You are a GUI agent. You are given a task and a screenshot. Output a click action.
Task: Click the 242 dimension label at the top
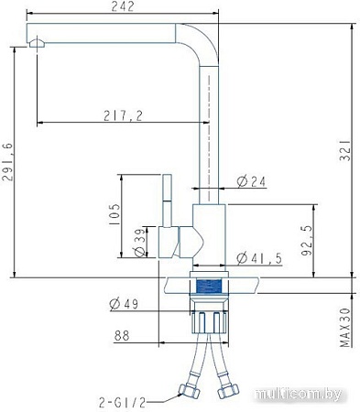click(123, 6)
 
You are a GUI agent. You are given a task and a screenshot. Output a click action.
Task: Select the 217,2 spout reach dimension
click(123, 115)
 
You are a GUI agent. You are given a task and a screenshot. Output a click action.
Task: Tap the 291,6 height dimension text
click(7, 162)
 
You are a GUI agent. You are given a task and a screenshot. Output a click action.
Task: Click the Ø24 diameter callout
click(251, 181)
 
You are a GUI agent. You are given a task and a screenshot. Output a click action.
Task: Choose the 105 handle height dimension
click(115, 214)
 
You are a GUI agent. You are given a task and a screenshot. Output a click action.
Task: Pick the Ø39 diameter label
click(140, 243)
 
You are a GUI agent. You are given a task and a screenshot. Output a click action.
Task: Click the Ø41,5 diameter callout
click(259, 258)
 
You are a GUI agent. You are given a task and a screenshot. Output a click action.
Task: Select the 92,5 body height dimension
click(306, 241)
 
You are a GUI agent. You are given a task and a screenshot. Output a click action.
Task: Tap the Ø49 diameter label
click(124, 304)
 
